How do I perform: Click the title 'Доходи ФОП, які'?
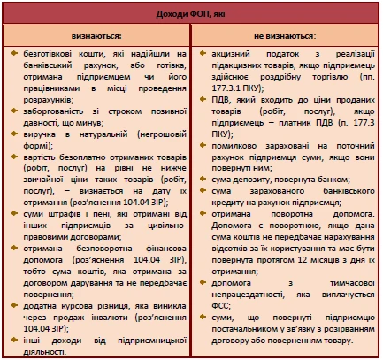point(191,12)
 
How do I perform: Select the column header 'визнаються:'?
point(99,37)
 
